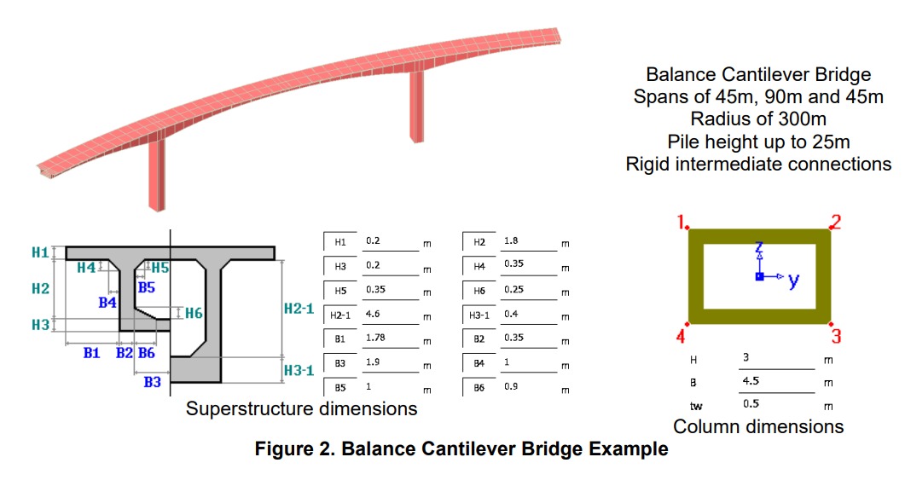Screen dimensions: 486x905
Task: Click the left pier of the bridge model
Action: pyautogui.click(x=157, y=174)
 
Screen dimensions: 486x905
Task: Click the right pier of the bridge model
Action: pyautogui.click(x=417, y=106)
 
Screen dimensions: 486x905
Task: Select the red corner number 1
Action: pyautogui.click(x=682, y=223)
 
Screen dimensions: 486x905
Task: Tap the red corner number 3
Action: pyautogui.click(x=836, y=336)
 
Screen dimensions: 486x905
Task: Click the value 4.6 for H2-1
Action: pyautogui.click(x=374, y=315)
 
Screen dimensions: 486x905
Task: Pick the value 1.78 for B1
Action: pyautogui.click(x=376, y=338)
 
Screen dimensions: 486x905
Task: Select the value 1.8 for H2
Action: pyautogui.click(x=511, y=241)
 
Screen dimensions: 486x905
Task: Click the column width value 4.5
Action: pyautogui.click(x=751, y=381)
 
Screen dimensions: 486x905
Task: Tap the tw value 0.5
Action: pyautogui.click(x=751, y=403)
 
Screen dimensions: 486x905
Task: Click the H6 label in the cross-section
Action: pyautogui.click(x=194, y=313)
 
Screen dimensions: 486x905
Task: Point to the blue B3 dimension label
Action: pyautogui.click(x=152, y=382)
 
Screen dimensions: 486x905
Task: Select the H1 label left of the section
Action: pyautogui.click(x=40, y=252)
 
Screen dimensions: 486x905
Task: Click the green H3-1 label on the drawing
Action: pyautogui.click(x=299, y=370)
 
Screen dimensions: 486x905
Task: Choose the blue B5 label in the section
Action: pyautogui.click(x=148, y=287)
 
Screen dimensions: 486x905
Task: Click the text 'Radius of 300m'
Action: pyautogui.click(x=758, y=119)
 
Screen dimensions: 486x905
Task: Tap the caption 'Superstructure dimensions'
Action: pyautogui.click(x=301, y=409)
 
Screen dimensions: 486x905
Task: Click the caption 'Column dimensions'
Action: pyautogui.click(x=758, y=426)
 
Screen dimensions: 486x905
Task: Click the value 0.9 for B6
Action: pyautogui.click(x=511, y=386)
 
